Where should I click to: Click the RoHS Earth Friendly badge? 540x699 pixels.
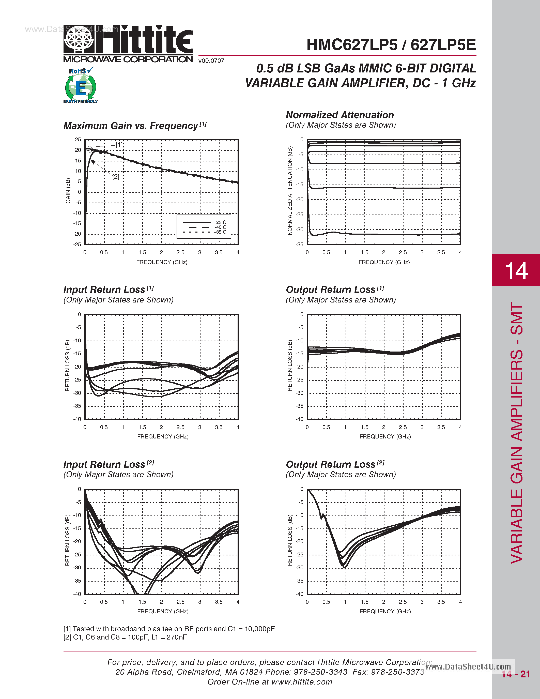click(81, 85)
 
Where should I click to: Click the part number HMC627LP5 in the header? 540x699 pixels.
click(352, 45)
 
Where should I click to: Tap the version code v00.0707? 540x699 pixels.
click(211, 61)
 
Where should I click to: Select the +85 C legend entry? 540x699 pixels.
click(220, 232)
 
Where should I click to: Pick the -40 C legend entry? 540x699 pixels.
click(220, 227)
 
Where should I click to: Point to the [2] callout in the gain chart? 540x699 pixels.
click(115, 177)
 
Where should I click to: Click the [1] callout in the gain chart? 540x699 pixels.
click(119, 145)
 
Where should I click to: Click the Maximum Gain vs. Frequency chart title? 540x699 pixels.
click(131, 126)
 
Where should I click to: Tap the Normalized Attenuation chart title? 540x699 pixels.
click(340, 115)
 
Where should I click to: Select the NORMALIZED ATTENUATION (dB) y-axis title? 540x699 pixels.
click(290, 191)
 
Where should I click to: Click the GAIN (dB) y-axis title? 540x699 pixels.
click(68, 191)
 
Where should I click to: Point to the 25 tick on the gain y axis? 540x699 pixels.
click(78, 140)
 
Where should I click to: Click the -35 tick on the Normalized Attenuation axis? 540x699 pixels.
click(300, 245)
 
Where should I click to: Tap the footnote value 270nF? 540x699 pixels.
click(177, 637)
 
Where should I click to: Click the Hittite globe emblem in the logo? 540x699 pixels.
click(79, 39)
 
